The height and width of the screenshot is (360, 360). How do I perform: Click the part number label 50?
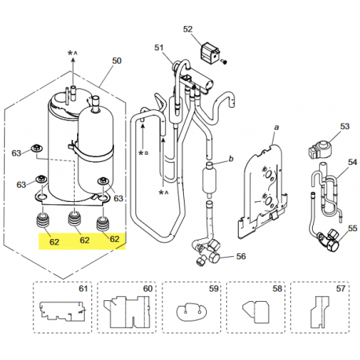click(117, 61)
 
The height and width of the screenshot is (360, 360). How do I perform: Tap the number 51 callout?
click(160, 48)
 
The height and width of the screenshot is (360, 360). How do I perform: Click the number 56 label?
click(241, 256)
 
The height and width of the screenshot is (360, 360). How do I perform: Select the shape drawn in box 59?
click(190, 313)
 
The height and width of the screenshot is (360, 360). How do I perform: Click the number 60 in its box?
click(146, 288)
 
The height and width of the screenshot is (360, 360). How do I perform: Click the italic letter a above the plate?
click(276, 127)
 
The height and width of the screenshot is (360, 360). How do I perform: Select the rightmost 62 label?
click(113, 238)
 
